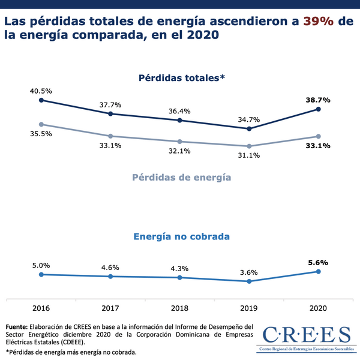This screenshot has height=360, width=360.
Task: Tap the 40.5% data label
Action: pos(41,91)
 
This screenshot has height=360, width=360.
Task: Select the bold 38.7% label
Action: pos(318,100)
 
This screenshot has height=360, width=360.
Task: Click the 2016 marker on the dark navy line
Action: pos(41,100)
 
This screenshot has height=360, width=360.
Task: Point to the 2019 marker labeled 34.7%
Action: pos(249,128)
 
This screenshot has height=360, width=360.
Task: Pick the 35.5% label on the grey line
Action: pos(41,134)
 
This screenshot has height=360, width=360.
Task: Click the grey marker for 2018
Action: pos(180,142)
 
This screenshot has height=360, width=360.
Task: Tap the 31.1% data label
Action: pos(248,155)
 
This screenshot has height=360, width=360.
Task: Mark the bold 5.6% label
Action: pos(318,262)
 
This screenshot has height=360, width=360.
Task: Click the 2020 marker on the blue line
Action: pos(318,271)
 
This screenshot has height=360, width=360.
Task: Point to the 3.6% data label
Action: pos(248,272)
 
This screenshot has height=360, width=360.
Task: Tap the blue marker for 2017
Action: pos(111,276)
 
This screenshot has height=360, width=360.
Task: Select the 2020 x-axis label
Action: pos(318,308)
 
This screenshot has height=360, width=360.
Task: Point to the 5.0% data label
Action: pos(41,265)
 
